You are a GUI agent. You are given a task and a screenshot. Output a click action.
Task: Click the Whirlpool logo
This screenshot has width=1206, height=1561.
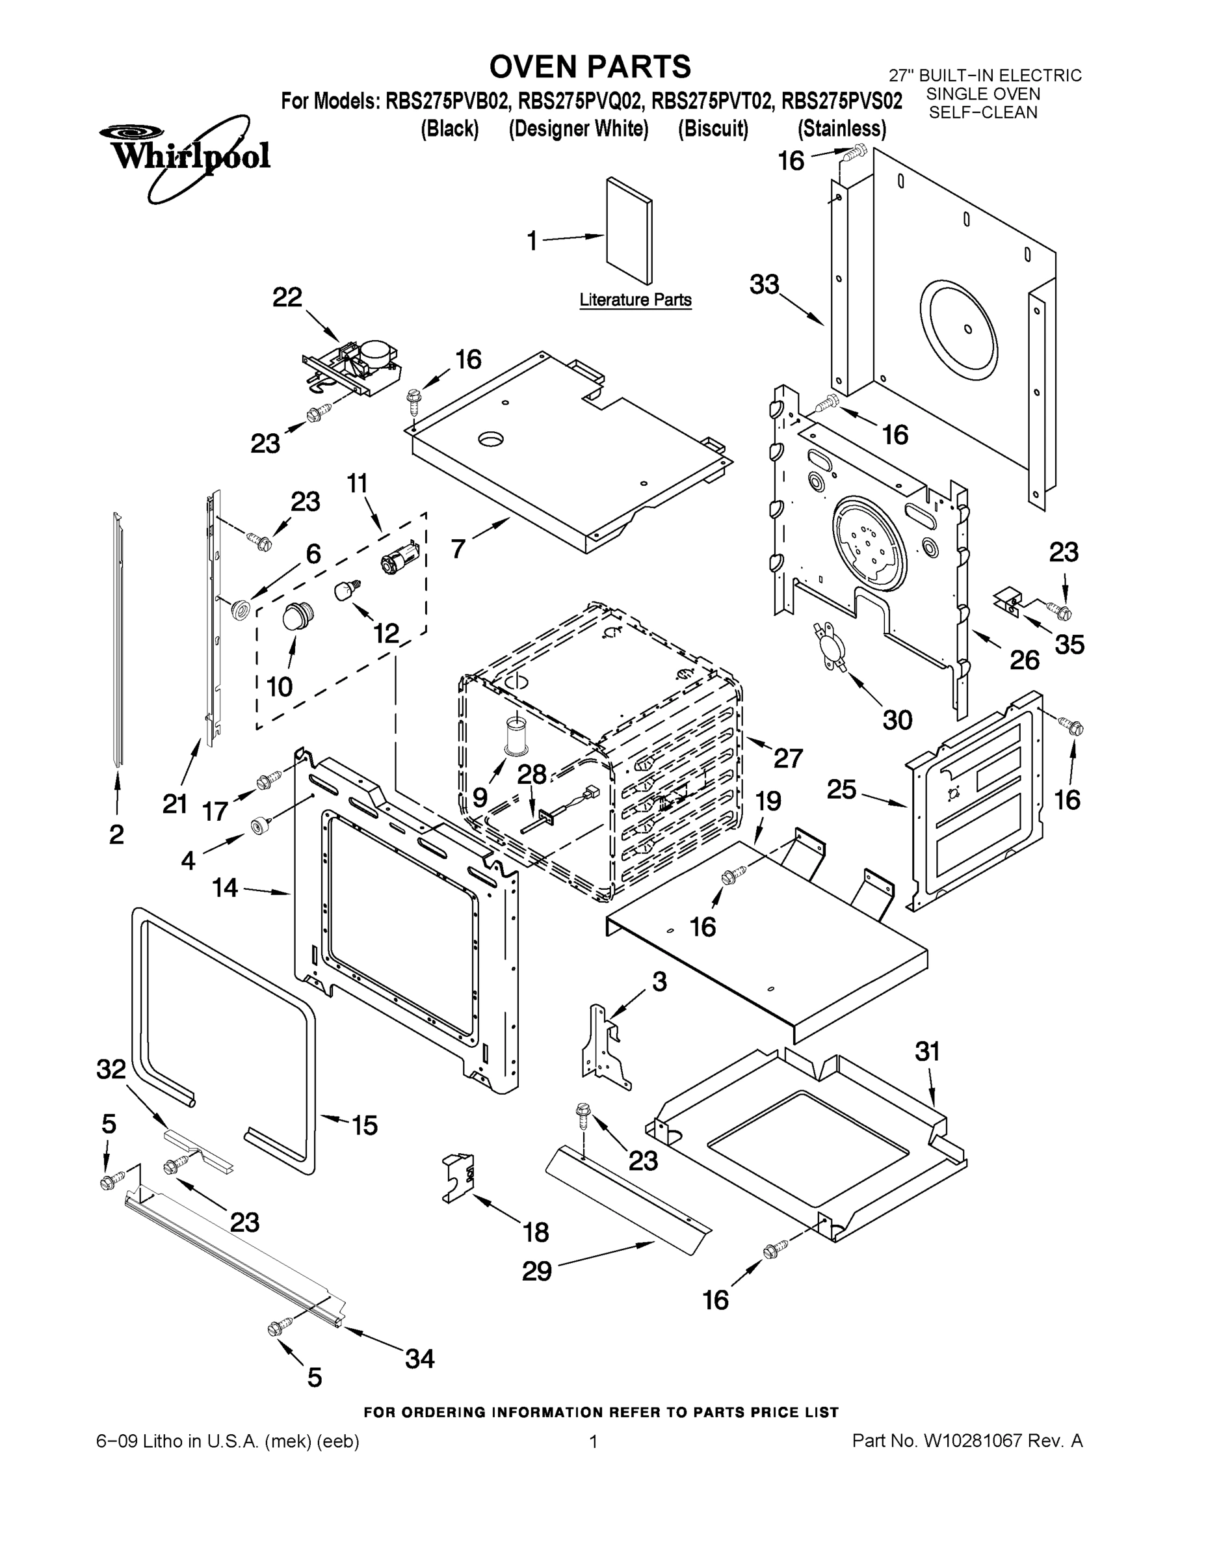[185, 156]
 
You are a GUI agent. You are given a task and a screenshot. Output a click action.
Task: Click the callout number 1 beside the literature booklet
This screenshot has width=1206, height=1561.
[532, 241]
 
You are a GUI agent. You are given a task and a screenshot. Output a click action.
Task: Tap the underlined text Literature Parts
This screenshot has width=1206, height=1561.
[635, 300]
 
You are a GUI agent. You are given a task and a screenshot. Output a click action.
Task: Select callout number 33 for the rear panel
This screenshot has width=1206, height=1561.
[764, 284]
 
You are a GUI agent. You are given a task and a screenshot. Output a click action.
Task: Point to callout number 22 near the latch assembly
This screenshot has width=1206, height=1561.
[287, 297]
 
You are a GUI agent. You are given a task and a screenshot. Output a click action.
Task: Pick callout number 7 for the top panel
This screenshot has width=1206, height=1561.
[458, 549]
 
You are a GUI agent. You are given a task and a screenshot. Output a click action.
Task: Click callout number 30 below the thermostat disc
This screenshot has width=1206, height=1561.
[897, 720]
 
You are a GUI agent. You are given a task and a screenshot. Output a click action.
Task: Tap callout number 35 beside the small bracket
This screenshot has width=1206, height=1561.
[1069, 645]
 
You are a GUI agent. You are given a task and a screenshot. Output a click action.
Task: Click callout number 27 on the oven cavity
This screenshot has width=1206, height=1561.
[788, 758]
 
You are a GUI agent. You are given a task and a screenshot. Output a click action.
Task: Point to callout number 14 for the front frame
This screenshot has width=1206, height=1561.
[224, 888]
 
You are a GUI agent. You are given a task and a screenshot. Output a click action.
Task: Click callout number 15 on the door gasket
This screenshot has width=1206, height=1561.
[364, 1126]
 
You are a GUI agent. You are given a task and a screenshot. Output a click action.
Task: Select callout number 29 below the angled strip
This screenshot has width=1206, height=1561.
[536, 1272]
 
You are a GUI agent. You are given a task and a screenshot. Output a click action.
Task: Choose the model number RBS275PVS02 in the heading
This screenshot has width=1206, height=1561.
[842, 101]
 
